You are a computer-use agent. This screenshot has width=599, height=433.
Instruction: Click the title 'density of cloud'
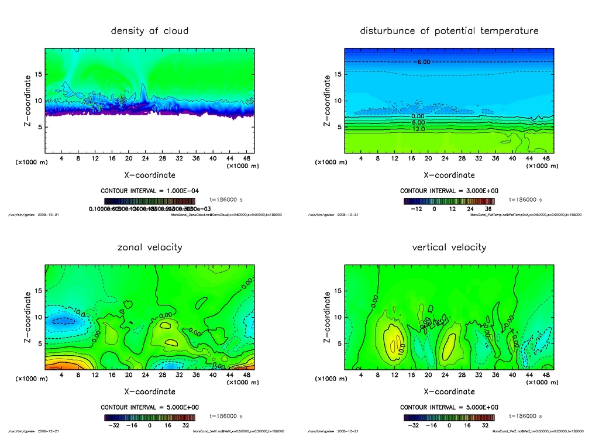[x=150, y=30]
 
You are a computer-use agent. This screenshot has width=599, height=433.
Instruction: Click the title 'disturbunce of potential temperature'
[x=449, y=30]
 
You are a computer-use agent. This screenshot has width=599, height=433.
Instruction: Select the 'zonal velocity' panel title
[x=150, y=247]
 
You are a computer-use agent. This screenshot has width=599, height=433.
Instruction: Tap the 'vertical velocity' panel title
[x=449, y=247]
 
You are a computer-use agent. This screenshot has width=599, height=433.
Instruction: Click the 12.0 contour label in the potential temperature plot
[x=418, y=129]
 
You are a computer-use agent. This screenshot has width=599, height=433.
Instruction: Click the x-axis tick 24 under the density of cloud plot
[x=145, y=159]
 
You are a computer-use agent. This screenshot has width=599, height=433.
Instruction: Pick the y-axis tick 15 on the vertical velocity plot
[x=338, y=291]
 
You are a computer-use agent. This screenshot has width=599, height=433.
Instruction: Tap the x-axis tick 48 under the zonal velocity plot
[x=246, y=375]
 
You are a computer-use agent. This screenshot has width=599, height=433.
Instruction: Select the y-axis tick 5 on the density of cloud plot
[x=38, y=127]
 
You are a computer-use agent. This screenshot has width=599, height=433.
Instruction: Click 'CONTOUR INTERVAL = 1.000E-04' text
[x=150, y=191]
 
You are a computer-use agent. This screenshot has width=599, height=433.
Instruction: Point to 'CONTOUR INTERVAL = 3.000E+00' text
[x=449, y=191]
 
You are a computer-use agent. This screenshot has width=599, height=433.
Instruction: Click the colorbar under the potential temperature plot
[x=449, y=200]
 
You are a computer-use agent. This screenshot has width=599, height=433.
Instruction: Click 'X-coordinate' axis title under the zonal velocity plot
[x=150, y=391]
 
